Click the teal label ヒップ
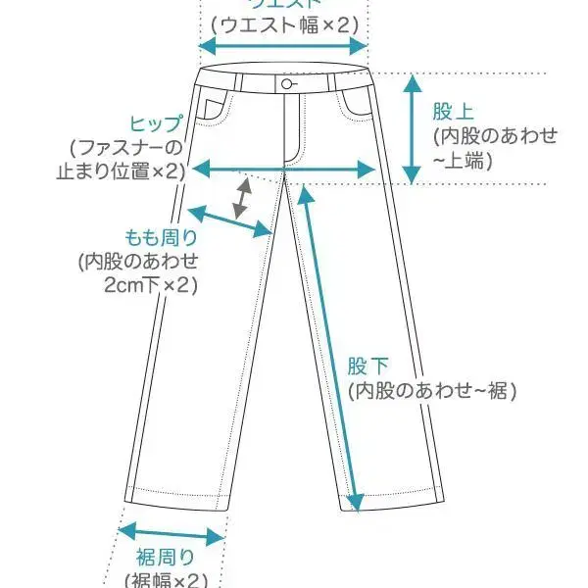click(x=156, y=124)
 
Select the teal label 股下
click(x=368, y=367)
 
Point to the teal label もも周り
click(x=162, y=237)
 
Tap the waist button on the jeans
click(x=286, y=84)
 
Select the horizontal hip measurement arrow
click(x=284, y=170)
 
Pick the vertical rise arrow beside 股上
click(x=414, y=127)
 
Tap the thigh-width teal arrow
click(x=228, y=220)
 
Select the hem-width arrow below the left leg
click(x=171, y=536)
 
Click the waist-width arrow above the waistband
click(x=283, y=46)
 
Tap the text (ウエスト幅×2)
click(x=283, y=24)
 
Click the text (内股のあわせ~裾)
click(x=432, y=390)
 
